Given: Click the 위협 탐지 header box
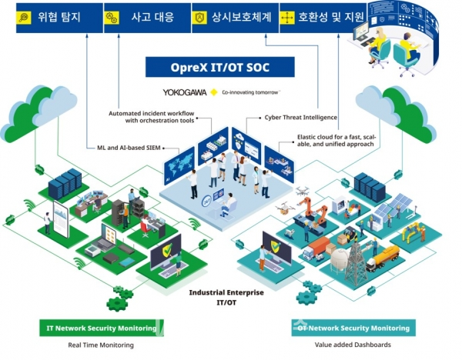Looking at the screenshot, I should (x=49, y=15).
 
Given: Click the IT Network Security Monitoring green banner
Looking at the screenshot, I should (x=102, y=328).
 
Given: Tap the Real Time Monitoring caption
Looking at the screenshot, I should (x=101, y=345).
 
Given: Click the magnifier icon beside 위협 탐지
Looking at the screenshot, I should (x=24, y=16).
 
